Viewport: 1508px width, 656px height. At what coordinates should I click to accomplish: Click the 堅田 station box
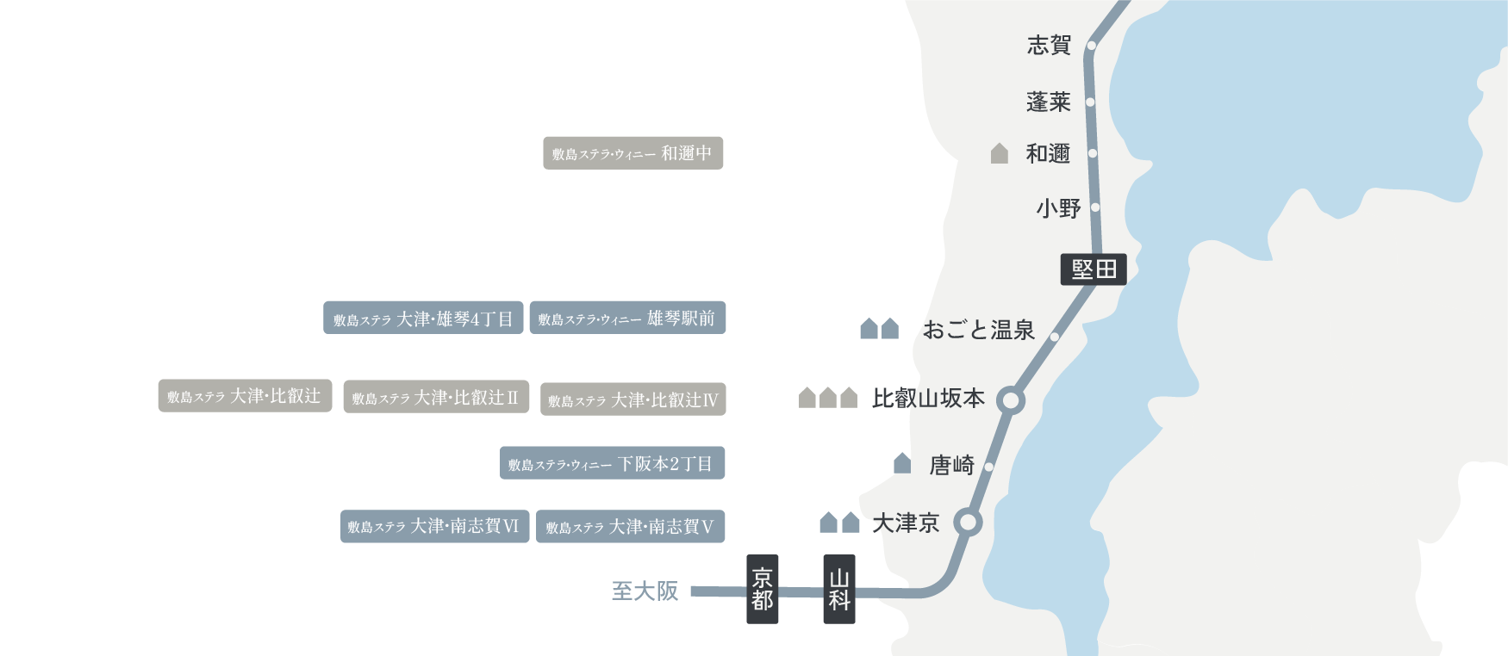click(1094, 269)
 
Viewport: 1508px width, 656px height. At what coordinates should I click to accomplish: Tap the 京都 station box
click(762, 589)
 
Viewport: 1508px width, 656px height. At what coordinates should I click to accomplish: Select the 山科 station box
click(839, 589)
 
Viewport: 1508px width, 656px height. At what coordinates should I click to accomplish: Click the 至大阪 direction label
click(645, 591)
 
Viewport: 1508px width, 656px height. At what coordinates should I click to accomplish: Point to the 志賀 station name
click(1049, 45)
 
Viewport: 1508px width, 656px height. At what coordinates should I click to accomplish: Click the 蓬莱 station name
click(1048, 102)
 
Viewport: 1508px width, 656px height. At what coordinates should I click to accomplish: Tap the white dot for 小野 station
click(1095, 207)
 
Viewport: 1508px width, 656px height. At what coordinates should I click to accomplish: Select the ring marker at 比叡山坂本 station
click(1010, 400)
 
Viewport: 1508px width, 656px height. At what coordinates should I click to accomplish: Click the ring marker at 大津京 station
click(969, 523)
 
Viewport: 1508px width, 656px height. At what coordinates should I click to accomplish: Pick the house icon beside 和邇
click(1000, 153)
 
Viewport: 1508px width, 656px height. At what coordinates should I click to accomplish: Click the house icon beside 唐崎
click(902, 463)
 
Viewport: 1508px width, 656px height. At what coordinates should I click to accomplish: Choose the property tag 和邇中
click(632, 153)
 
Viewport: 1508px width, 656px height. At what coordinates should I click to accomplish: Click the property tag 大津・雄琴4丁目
click(423, 319)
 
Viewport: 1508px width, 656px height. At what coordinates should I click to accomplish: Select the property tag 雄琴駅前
click(627, 318)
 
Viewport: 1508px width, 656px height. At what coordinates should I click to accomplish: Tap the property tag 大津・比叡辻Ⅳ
click(632, 399)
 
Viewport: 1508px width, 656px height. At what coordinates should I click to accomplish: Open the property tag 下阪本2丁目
click(612, 463)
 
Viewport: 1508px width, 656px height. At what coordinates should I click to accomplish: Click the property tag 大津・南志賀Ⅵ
click(434, 526)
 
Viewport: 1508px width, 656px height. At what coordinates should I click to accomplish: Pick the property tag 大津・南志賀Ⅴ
click(630, 527)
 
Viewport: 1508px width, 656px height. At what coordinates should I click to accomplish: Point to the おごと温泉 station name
click(978, 330)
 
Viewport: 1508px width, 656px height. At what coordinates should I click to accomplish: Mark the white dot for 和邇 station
click(1093, 153)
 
